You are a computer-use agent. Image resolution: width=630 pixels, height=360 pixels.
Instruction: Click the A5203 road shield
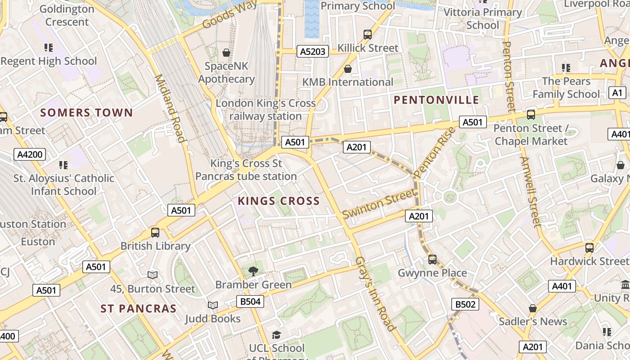tap(313, 51)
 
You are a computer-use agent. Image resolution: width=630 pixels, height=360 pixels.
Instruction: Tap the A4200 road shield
tap(30, 155)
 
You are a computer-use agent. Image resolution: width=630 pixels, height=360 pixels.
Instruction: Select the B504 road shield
tap(250, 301)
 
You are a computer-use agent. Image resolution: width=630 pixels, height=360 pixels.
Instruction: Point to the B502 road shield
tap(465, 305)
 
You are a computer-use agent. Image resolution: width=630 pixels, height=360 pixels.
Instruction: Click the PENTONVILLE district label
tap(436, 100)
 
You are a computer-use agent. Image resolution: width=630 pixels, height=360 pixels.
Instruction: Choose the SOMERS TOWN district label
tap(86, 112)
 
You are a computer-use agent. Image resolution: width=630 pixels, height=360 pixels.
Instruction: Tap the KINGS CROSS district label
tap(279, 201)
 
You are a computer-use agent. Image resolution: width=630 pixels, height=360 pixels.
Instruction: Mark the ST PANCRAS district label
tap(138, 309)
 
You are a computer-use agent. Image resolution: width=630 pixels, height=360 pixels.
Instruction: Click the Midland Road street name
tap(171, 108)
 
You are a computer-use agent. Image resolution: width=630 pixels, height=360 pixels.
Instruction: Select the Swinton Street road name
tap(379, 204)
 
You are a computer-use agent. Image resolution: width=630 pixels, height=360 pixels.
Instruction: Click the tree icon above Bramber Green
tap(253, 271)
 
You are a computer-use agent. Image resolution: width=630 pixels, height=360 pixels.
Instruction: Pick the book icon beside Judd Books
tap(213, 305)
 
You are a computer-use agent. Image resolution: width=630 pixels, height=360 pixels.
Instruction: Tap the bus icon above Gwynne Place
tap(432, 259)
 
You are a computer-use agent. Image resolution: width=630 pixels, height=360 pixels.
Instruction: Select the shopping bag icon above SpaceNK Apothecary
tap(226, 53)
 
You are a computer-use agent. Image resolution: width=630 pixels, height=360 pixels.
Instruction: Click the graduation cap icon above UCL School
tap(276, 335)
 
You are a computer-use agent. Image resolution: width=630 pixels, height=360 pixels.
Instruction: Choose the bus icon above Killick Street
tap(368, 34)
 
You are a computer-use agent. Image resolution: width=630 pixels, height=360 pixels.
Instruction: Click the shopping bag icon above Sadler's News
tap(533, 308)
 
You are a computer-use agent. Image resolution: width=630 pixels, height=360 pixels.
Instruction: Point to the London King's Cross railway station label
tap(265, 110)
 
